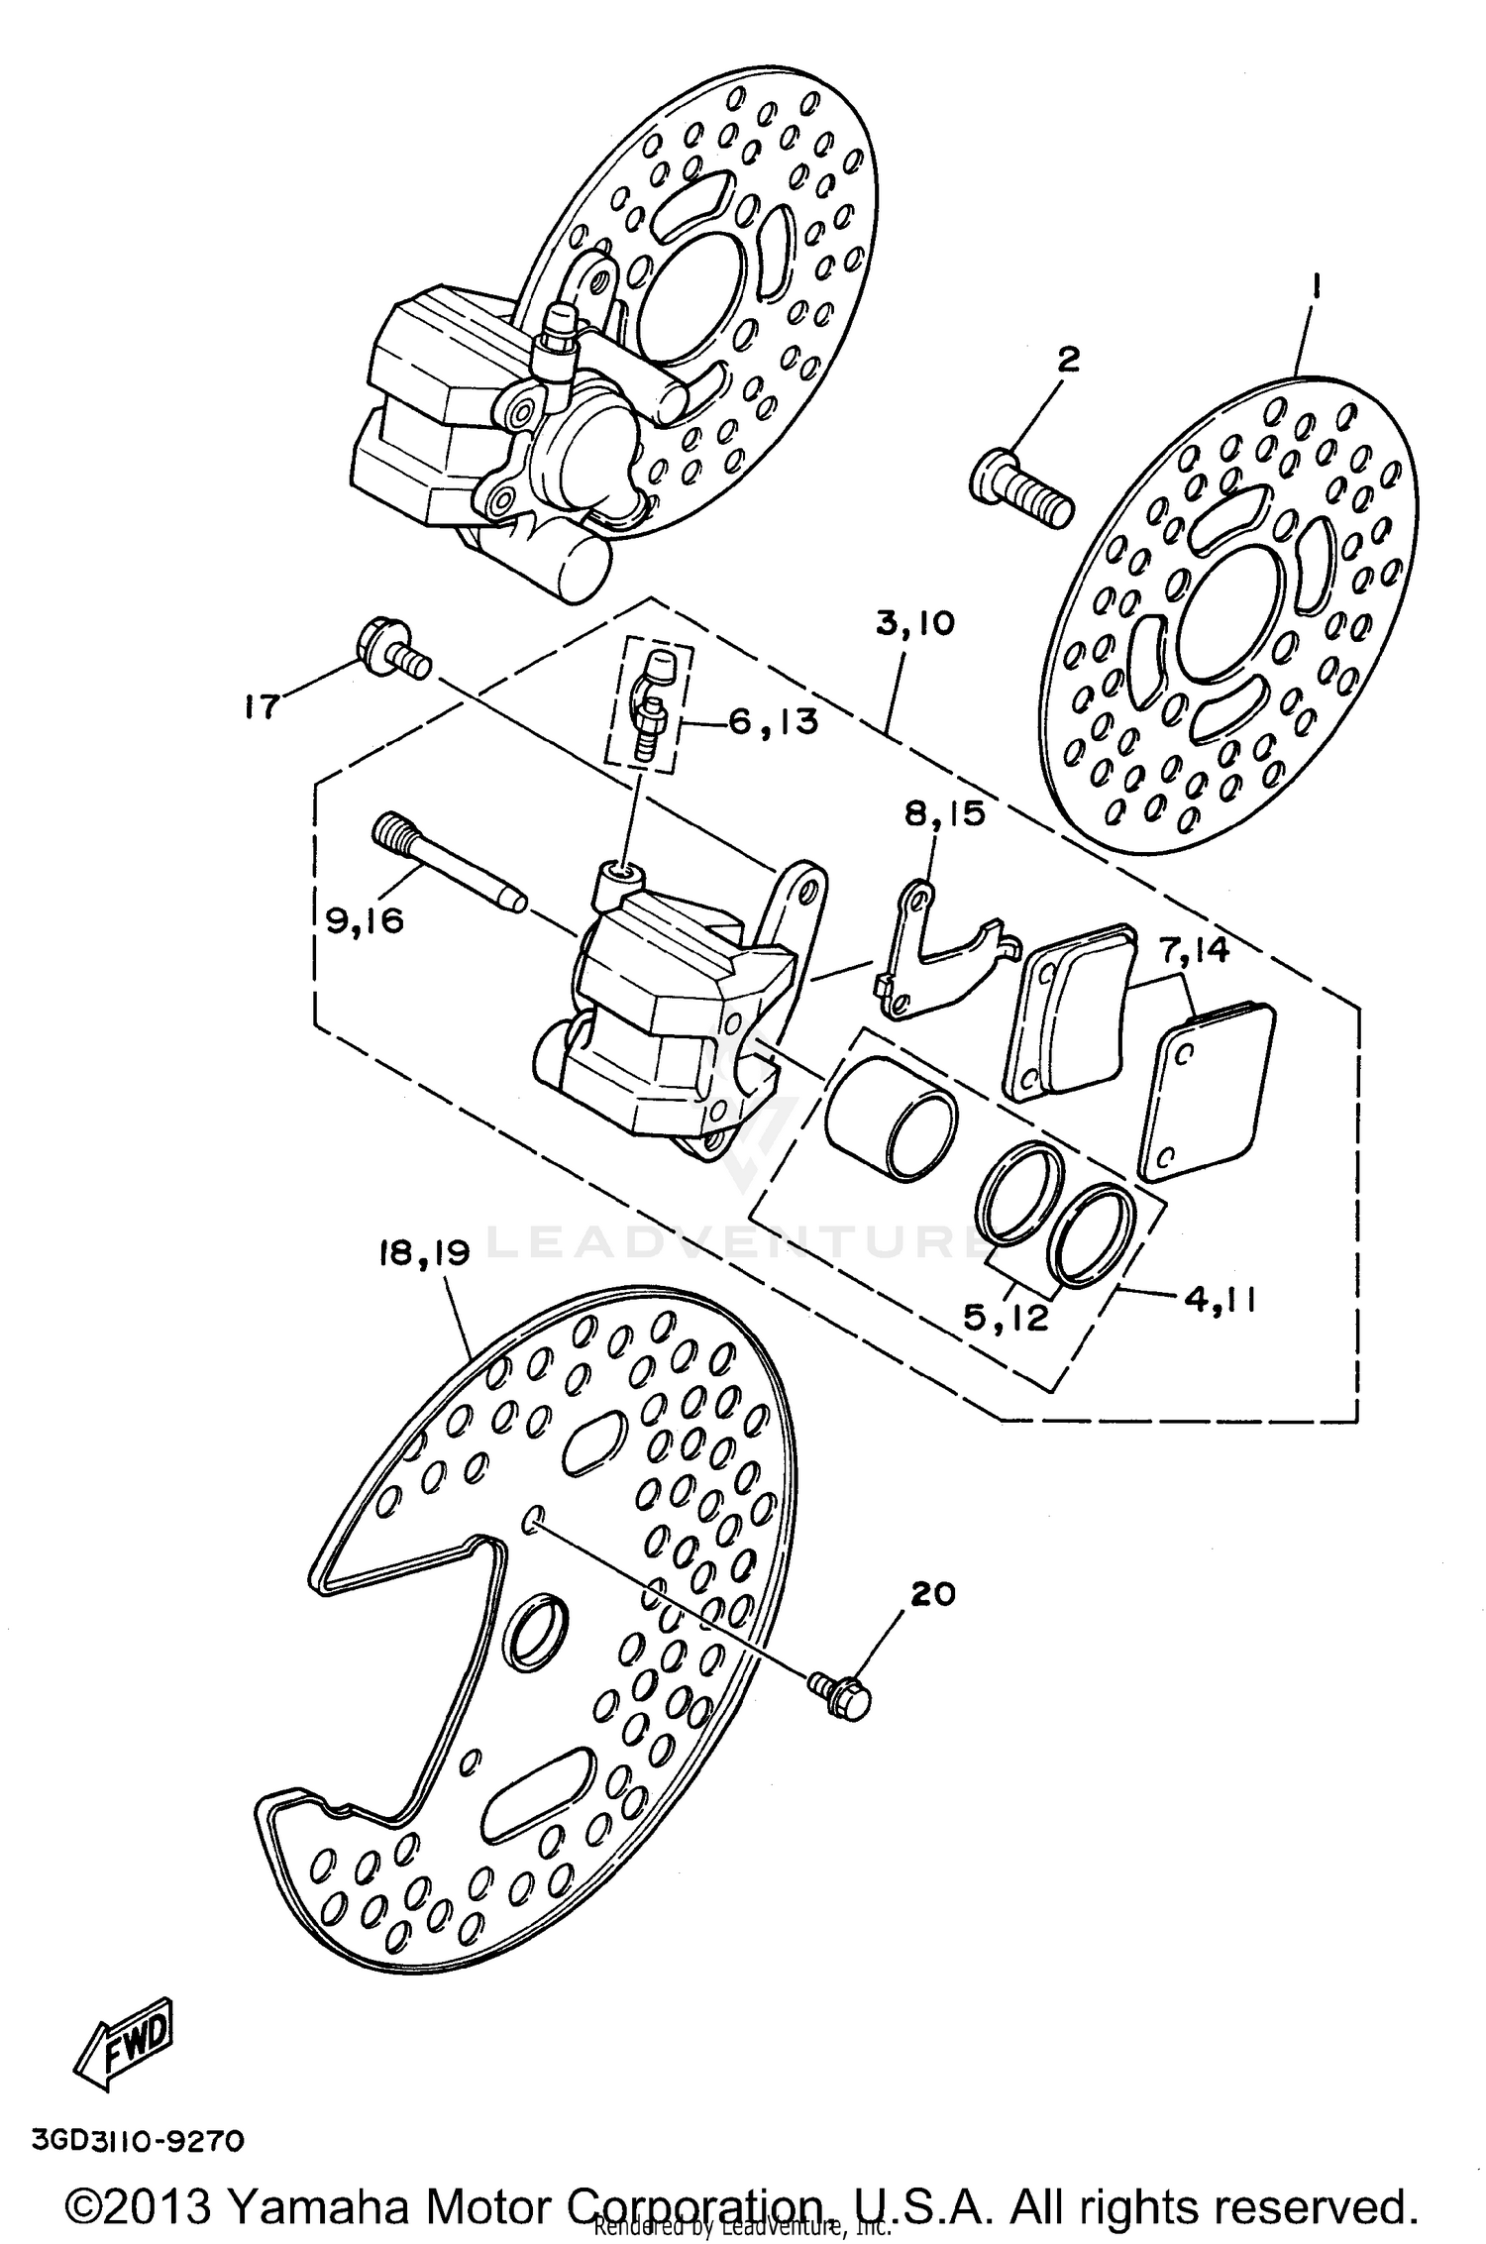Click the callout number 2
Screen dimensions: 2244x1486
[1067, 360]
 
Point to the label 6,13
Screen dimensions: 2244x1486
[775, 721]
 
